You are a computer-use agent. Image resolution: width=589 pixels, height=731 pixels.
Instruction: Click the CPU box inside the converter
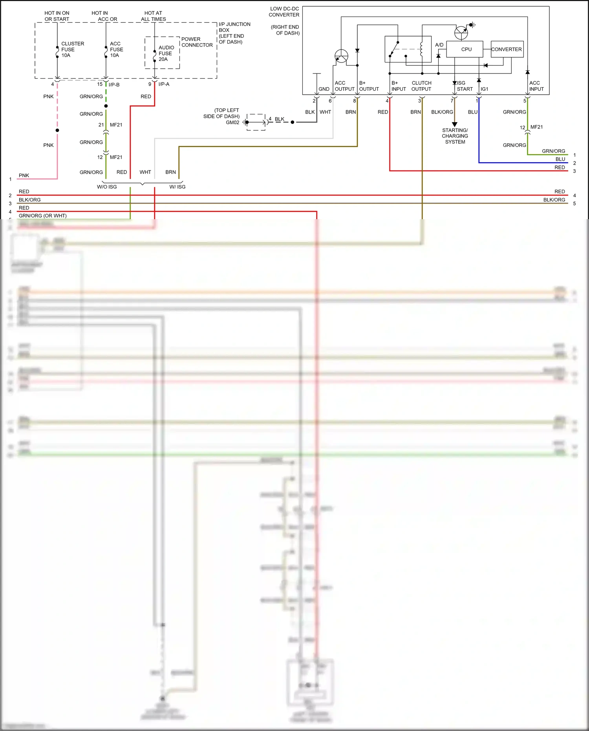click(466, 49)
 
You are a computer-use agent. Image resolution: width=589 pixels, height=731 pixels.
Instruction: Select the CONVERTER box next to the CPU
click(507, 49)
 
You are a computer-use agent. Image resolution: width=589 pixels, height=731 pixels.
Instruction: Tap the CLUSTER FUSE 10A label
click(72, 49)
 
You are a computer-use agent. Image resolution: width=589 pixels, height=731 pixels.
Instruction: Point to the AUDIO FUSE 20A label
click(166, 53)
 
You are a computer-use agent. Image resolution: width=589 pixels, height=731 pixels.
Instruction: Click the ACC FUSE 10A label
click(116, 49)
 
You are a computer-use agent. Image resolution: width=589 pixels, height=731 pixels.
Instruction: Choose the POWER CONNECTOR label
click(197, 42)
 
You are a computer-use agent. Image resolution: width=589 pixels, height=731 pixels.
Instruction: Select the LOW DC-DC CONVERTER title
click(284, 12)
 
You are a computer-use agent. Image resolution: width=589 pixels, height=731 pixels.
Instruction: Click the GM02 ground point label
click(232, 123)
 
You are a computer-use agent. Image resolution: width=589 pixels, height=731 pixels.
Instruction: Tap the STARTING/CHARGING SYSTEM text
click(455, 136)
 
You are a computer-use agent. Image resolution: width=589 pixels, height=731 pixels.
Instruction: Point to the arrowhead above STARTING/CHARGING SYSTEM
click(455, 124)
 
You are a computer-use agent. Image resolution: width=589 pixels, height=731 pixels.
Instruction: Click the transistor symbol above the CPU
click(461, 33)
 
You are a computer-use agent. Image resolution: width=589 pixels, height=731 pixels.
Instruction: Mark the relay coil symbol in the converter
click(421, 49)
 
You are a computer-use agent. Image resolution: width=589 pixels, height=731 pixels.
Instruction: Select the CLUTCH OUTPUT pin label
click(421, 86)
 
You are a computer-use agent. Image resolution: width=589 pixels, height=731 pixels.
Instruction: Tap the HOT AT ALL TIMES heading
click(153, 16)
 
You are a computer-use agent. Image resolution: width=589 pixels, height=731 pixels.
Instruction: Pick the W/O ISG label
click(107, 187)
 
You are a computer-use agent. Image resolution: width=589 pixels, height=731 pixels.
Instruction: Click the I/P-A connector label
click(164, 84)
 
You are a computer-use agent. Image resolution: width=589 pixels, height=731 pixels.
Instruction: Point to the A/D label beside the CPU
click(439, 45)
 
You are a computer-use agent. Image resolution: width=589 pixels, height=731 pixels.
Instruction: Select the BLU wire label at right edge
click(560, 159)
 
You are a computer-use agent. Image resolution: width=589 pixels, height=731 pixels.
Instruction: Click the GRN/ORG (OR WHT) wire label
click(42, 216)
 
